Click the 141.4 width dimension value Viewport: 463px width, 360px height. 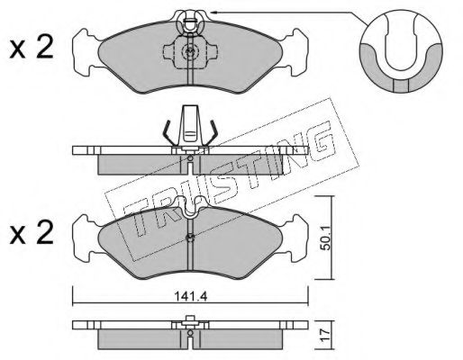point(191,297)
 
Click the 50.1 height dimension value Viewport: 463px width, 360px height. point(325,238)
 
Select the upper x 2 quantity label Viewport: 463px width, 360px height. point(32,48)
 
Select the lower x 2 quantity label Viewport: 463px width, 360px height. point(32,232)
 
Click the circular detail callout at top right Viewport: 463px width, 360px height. point(401,51)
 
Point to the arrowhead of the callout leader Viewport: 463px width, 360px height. point(213,13)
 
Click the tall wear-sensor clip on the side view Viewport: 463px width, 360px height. point(191,126)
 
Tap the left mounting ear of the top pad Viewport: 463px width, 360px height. point(86,52)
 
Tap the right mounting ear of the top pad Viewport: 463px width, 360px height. point(295,52)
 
